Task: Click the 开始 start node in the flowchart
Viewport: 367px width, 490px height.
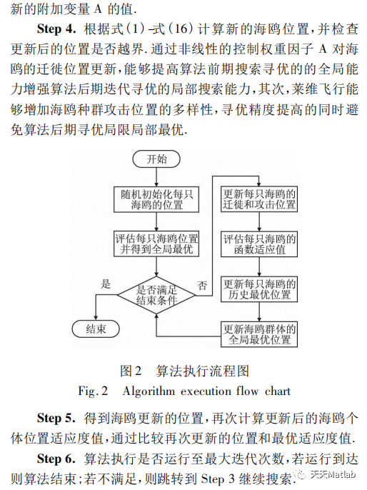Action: pos(156,159)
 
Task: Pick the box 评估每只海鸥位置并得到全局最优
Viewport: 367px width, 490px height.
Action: pos(156,244)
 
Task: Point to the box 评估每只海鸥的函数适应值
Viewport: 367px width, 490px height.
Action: pos(260,244)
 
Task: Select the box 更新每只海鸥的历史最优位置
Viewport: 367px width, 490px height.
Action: pos(260,287)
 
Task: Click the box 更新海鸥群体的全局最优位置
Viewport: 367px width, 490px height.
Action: pos(260,334)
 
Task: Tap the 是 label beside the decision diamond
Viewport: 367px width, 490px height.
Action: pos(107,284)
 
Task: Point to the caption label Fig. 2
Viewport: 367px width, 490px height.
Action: pos(93,391)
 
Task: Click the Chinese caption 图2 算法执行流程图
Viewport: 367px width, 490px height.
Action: pos(184,371)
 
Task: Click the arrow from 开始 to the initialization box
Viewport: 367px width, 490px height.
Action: pos(156,176)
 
